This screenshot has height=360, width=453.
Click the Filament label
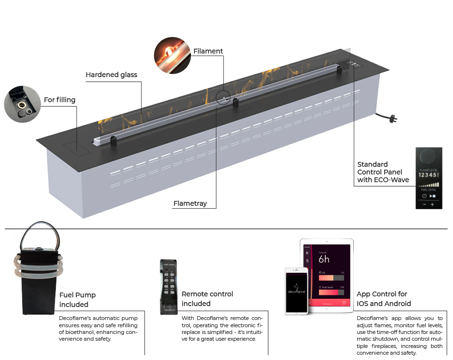(x=208, y=51)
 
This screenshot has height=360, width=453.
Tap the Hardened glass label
(x=111, y=75)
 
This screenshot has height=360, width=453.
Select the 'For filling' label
(x=60, y=100)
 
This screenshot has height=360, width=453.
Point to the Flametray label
(x=190, y=203)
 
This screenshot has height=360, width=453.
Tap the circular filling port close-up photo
(x=22, y=104)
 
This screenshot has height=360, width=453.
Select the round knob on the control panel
(x=428, y=158)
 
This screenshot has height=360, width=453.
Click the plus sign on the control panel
(x=432, y=205)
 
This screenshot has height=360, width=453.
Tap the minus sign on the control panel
(x=424, y=205)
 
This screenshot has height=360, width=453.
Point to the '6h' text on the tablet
(x=324, y=259)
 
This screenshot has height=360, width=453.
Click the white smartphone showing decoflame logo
(x=296, y=291)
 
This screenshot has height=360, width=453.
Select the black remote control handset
(x=168, y=286)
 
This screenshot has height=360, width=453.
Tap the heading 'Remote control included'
(x=207, y=299)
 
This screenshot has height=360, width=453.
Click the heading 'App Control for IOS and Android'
(x=384, y=299)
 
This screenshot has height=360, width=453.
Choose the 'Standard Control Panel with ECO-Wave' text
(x=383, y=172)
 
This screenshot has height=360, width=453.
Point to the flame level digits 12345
(x=427, y=175)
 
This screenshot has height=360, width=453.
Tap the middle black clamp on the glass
(x=236, y=102)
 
